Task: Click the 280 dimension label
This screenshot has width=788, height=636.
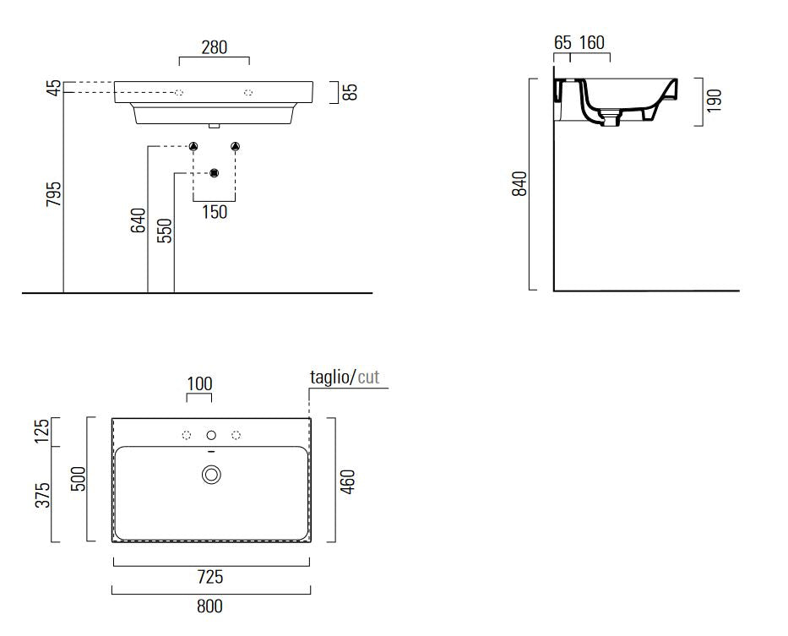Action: click(214, 48)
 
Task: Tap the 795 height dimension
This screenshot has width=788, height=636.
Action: click(54, 193)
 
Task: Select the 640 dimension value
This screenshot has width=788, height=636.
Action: click(138, 220)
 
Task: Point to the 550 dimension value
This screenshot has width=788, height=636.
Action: click(165, 231)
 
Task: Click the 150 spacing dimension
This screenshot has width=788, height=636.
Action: click(215, 212)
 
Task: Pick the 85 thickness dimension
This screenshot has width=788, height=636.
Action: click(351, 92)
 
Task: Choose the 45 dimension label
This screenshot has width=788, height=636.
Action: click(54, 88)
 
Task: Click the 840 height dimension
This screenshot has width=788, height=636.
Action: click(519, 183)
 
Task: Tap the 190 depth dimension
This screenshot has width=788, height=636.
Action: click(714, 101)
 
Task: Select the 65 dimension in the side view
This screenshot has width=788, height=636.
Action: click(562, 43)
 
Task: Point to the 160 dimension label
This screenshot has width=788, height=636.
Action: click(591, 43)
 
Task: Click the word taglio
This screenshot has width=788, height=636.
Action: click(330, 377)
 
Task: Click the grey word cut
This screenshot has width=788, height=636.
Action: click(368, 377)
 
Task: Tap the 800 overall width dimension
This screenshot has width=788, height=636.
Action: click(209, 606)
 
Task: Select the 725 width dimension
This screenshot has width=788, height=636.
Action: click(210, 577)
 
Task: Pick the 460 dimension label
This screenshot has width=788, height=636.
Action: click(347, 481)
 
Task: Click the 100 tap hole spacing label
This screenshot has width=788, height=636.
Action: click(199, 384)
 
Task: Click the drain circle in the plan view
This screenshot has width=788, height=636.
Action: click(212, 475)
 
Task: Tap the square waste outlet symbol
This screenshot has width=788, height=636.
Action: click(215, 173)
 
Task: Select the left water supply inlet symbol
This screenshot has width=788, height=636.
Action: click(193, 146)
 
